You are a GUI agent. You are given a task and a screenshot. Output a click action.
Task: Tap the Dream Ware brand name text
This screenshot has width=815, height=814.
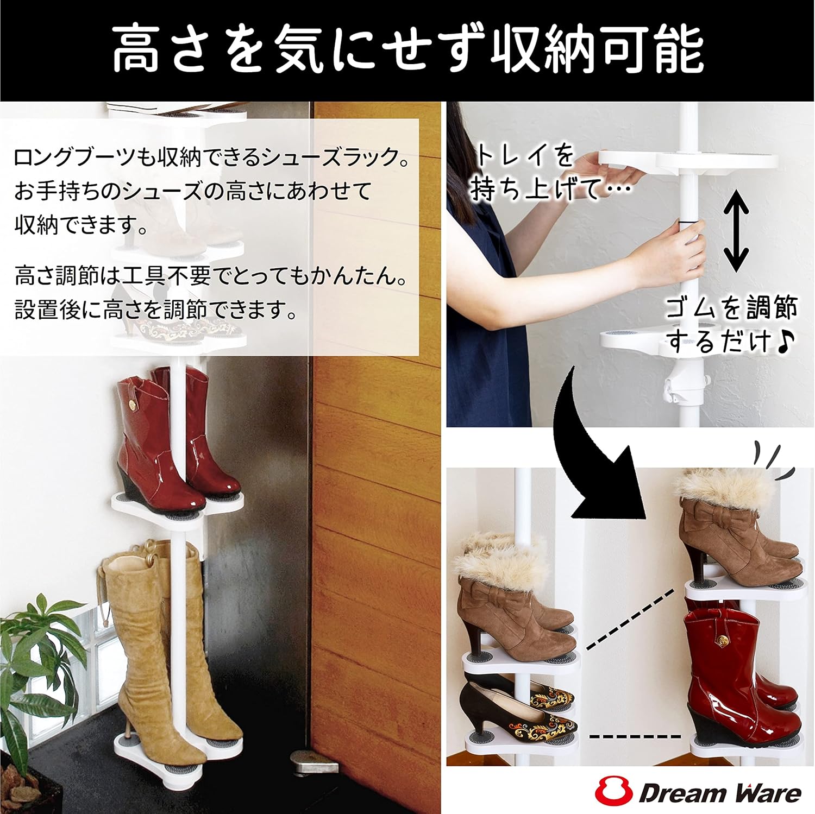tap(720, 793)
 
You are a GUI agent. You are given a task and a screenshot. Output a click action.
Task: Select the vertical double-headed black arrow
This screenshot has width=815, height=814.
tap(736, 230)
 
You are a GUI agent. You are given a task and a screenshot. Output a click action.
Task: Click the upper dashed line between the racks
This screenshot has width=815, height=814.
tap(630, 619)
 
